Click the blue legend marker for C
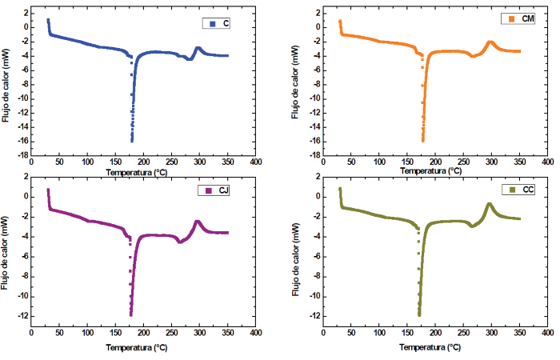[212, 24]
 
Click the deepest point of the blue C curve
[132, 140]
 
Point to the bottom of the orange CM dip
[423, 140]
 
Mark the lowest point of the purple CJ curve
[131, 314]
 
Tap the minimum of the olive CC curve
[418, 314]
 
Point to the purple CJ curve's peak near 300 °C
[198, 222]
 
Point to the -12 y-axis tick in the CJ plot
[19, 316]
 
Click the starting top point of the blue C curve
[48, 20]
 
